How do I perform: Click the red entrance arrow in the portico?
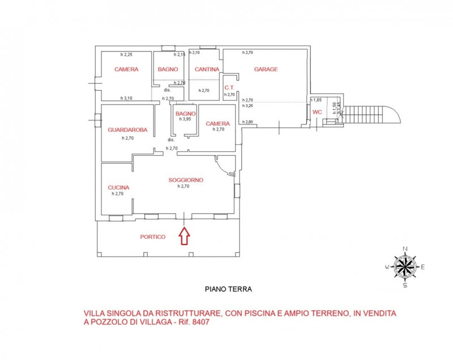pos(185,235)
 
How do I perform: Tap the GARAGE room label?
pos(266,69)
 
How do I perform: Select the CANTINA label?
pos(207,69)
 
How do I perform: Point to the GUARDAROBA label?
pos(127,130)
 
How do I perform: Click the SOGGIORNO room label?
pos(186,180)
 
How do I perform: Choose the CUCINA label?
pos(118,188)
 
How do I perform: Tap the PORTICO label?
pos(152,237)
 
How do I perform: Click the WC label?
pos(317,112)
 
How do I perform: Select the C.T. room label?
pos(229,88)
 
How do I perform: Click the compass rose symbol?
pos(405,267)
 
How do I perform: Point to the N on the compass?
pos(405,249)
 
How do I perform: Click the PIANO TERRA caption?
pos(228,289)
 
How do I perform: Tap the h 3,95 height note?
pos(185,119)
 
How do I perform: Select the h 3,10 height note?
pos(126,98)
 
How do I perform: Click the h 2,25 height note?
pos(126,54)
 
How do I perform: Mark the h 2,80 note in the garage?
pos(247,122)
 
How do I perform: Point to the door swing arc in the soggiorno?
pos(222,166)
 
